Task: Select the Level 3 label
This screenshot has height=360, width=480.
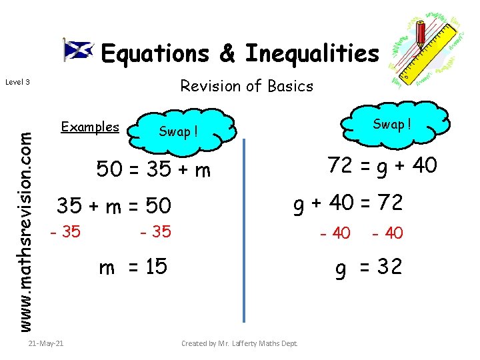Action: pos(17,82)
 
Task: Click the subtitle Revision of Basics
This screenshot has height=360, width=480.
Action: pos(247,86)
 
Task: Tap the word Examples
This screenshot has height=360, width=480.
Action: pos(90,127)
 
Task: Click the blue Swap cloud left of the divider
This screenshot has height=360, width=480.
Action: pos(179,131)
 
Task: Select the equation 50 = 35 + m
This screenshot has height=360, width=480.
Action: pos(153,171)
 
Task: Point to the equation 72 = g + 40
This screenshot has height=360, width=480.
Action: pos(382,164)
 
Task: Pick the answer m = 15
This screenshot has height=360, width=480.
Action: pos(133,268)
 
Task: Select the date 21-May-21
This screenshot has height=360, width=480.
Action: pos(47,343)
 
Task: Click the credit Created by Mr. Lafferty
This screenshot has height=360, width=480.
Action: pos(239,343)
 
